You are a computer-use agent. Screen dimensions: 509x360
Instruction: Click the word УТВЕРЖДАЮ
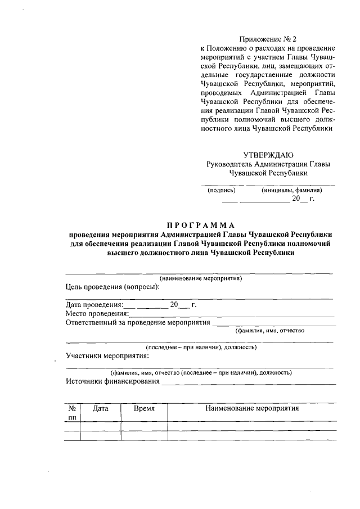pyautogui.click(x=268, y=155)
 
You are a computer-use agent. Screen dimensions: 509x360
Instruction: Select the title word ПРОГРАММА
pyautogui.click(x=200, y=225)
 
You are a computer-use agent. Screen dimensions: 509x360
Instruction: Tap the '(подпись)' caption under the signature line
pyautogui.click(x=222, y=190)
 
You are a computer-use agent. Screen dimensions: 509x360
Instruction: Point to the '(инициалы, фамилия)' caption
pyautogui.click(x=291, y=190)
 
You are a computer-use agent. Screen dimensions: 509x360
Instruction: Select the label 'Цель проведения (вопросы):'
pyautogui.click(x=112, y=286)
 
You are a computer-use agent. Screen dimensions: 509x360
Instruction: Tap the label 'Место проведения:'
pyautogui.click(x=97, y=313)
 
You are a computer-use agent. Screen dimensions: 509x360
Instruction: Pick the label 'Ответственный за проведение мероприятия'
pyautogui.click(x=138, y=322)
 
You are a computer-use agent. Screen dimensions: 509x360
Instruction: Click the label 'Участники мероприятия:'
pyautogui.click(x=107, y=355)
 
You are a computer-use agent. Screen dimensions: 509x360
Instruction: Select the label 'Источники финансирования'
pyautogui.click(x=112, y=381)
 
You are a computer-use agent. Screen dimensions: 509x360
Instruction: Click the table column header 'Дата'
pyautogui.click(x=101, y=409)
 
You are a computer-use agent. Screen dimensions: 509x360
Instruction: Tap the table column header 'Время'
pyautogui.click(x=144, y=409)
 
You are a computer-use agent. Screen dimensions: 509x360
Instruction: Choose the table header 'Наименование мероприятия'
pyautogui.click(x=252, y=409)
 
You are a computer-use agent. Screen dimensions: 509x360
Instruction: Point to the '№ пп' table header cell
pyautogui.click(x=72, y=413)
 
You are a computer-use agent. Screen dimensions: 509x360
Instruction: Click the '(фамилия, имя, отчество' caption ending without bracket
pyautogui.click(x=270, y=331)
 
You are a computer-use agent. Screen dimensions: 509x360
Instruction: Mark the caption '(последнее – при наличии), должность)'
pyautogui.click(x=201, y=348)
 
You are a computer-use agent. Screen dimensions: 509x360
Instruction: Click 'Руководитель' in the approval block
pyautogui.click(x=229, y=164)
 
